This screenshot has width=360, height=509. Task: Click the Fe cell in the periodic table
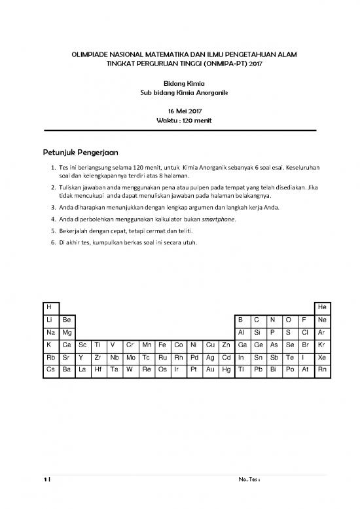163,345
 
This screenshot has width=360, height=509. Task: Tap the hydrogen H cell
48,307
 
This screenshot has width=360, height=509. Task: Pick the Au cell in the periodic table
210,369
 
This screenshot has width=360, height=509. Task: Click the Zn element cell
226,345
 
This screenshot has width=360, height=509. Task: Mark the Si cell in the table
258,332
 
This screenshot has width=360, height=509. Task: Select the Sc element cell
82,345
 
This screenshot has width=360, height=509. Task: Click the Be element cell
66,320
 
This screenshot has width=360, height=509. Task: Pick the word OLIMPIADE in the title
92,58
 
